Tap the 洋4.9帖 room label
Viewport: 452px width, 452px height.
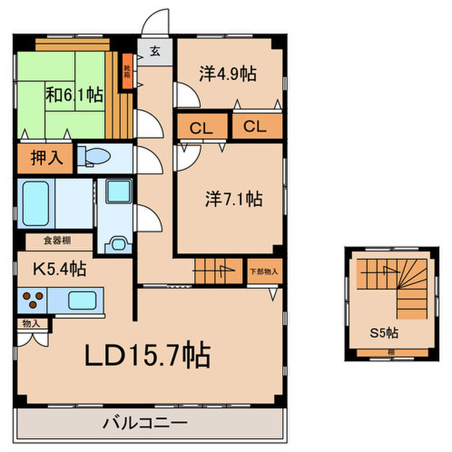227,74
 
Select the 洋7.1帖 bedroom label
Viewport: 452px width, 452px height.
234,199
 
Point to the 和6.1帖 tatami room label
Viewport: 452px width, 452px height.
74,94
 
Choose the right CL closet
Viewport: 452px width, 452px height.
255,127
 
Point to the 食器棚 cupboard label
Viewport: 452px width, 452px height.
57,241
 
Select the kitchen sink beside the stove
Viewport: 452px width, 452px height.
81,300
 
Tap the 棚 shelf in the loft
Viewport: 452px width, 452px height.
392,352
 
